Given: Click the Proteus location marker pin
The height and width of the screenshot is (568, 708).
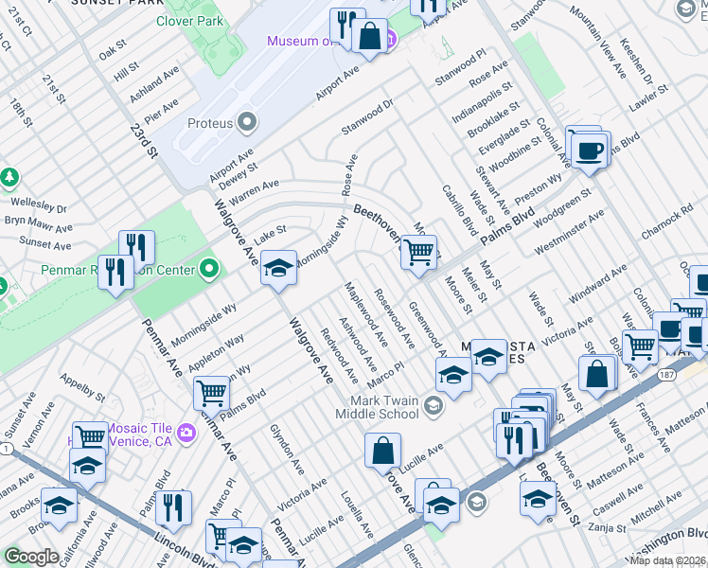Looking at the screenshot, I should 248,121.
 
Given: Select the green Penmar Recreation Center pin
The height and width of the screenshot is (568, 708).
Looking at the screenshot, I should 210,271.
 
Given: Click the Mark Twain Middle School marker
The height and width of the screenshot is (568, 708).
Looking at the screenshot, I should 434,407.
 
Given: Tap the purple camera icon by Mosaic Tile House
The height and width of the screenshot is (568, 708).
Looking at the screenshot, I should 186,433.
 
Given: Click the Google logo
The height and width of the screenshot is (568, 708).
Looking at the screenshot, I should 31,556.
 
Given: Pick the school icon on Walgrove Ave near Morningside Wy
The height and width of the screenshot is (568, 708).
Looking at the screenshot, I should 278,268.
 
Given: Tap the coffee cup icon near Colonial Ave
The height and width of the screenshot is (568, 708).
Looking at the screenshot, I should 589,151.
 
